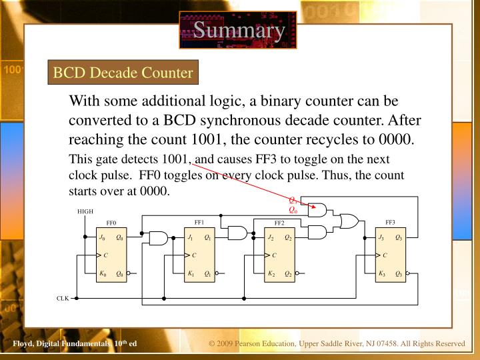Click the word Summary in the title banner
click(238, 30)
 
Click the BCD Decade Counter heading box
click(123, 72)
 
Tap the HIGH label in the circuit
click(85, 212)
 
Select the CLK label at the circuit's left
click(63, 298)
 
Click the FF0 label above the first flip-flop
click(111, 223)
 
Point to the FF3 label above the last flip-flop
click(390, 222)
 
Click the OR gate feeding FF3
click(347, 221)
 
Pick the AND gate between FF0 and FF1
click(159, 237)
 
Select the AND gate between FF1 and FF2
click(237, 233)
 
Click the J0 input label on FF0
click(102, 237)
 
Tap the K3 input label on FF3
click(381, 273)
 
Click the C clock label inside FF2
click(274, 255)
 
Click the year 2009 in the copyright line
click(229, 343)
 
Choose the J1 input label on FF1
click(190, 237)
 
